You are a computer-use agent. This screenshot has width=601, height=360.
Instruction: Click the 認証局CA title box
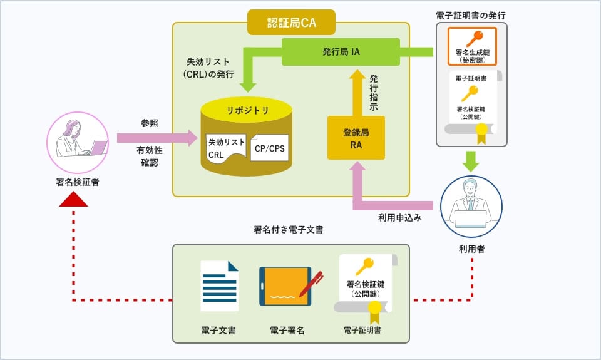pyautogui.click(x=290, y=23)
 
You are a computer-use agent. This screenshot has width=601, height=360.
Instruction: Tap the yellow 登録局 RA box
pyautogui.click(x=356, y=138)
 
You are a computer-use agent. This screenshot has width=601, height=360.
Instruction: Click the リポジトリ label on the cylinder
pyautogui.click(x=247, y=111)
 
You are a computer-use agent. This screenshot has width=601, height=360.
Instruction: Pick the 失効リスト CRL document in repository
pyautogui.click(x=225, y=148)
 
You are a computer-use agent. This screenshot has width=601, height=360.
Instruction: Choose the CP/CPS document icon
pyautogui.click(x=269, y=148)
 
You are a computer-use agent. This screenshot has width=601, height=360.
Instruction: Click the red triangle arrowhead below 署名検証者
pyautogui.click(x=74, y=199)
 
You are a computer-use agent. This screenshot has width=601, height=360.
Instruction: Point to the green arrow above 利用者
pyautogui.click(x=471, y=162)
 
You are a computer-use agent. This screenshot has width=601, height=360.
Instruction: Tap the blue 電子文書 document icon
pyautogui.click(x=219, y=286)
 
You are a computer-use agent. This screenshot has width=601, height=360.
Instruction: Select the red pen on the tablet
pyautogui.click(x=311, y=283)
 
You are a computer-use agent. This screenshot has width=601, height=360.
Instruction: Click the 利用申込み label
pyautogui.click(x=399, y=218)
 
